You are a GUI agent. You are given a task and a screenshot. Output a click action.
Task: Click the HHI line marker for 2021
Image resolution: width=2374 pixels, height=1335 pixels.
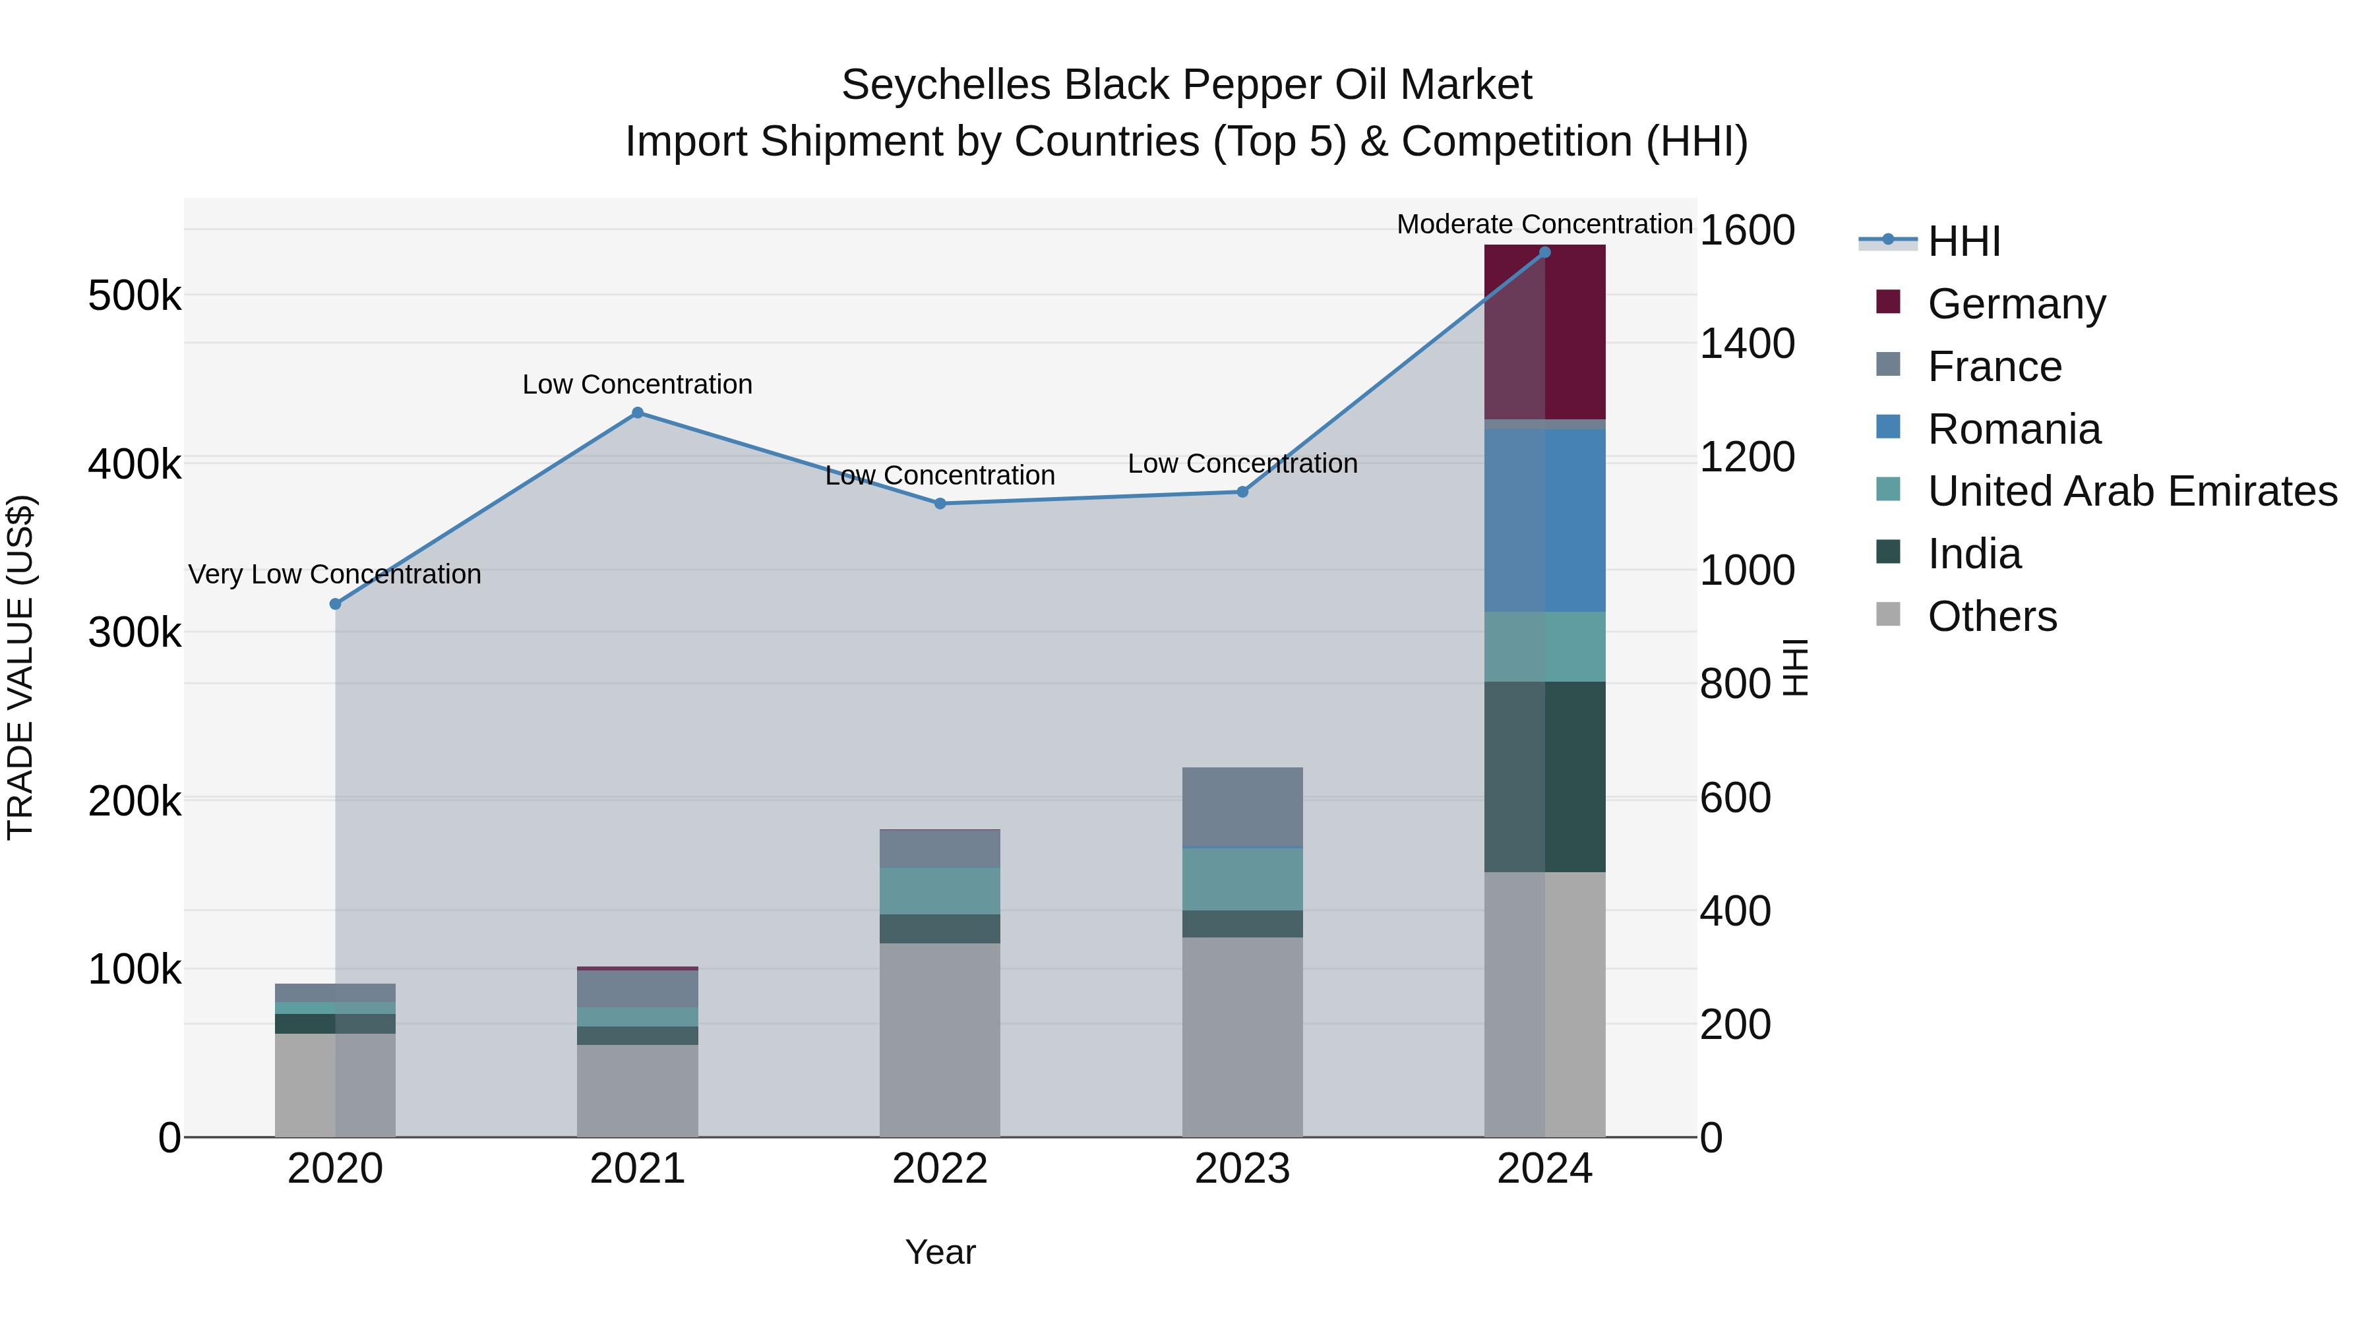(637, 413)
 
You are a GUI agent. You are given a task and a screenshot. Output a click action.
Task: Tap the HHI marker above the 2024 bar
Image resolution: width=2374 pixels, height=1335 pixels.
(1544, 252)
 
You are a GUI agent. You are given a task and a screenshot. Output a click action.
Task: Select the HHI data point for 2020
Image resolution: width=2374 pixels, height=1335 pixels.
(336, 605)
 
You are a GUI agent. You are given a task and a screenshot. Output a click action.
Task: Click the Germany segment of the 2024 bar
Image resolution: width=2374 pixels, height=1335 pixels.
(1544, 332)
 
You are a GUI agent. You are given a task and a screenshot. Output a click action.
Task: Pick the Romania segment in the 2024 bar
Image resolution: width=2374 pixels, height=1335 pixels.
(1544, 521)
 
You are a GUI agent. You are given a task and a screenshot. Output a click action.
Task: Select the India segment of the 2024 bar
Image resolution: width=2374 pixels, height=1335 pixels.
(1544, 777)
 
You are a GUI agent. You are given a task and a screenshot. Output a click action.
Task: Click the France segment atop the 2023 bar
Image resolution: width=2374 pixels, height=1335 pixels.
(1242, 806)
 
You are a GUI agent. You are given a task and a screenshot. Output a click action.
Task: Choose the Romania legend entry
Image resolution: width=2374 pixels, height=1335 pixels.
(2014, 429)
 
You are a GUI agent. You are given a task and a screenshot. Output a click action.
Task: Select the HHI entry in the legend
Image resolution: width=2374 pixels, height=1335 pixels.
(1963, 241)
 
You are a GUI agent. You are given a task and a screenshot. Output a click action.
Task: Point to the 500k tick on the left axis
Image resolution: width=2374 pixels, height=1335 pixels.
(135, 297)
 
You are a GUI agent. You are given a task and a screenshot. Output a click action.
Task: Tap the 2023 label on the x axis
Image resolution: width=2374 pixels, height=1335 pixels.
(1242, 1169)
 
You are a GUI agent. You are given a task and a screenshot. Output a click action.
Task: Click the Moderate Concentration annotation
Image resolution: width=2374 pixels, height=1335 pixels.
(1544, 224)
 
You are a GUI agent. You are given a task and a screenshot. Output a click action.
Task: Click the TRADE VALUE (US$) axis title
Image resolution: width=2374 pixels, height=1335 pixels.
(21, 667)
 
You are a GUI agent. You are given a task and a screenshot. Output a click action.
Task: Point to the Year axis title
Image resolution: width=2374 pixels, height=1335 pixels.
(939, 1252)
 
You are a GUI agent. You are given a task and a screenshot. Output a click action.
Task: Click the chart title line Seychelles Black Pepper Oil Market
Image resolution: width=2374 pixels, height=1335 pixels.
(1186, 85)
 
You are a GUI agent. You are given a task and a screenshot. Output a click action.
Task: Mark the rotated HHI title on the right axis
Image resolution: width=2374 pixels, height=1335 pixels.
(1795, 667)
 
